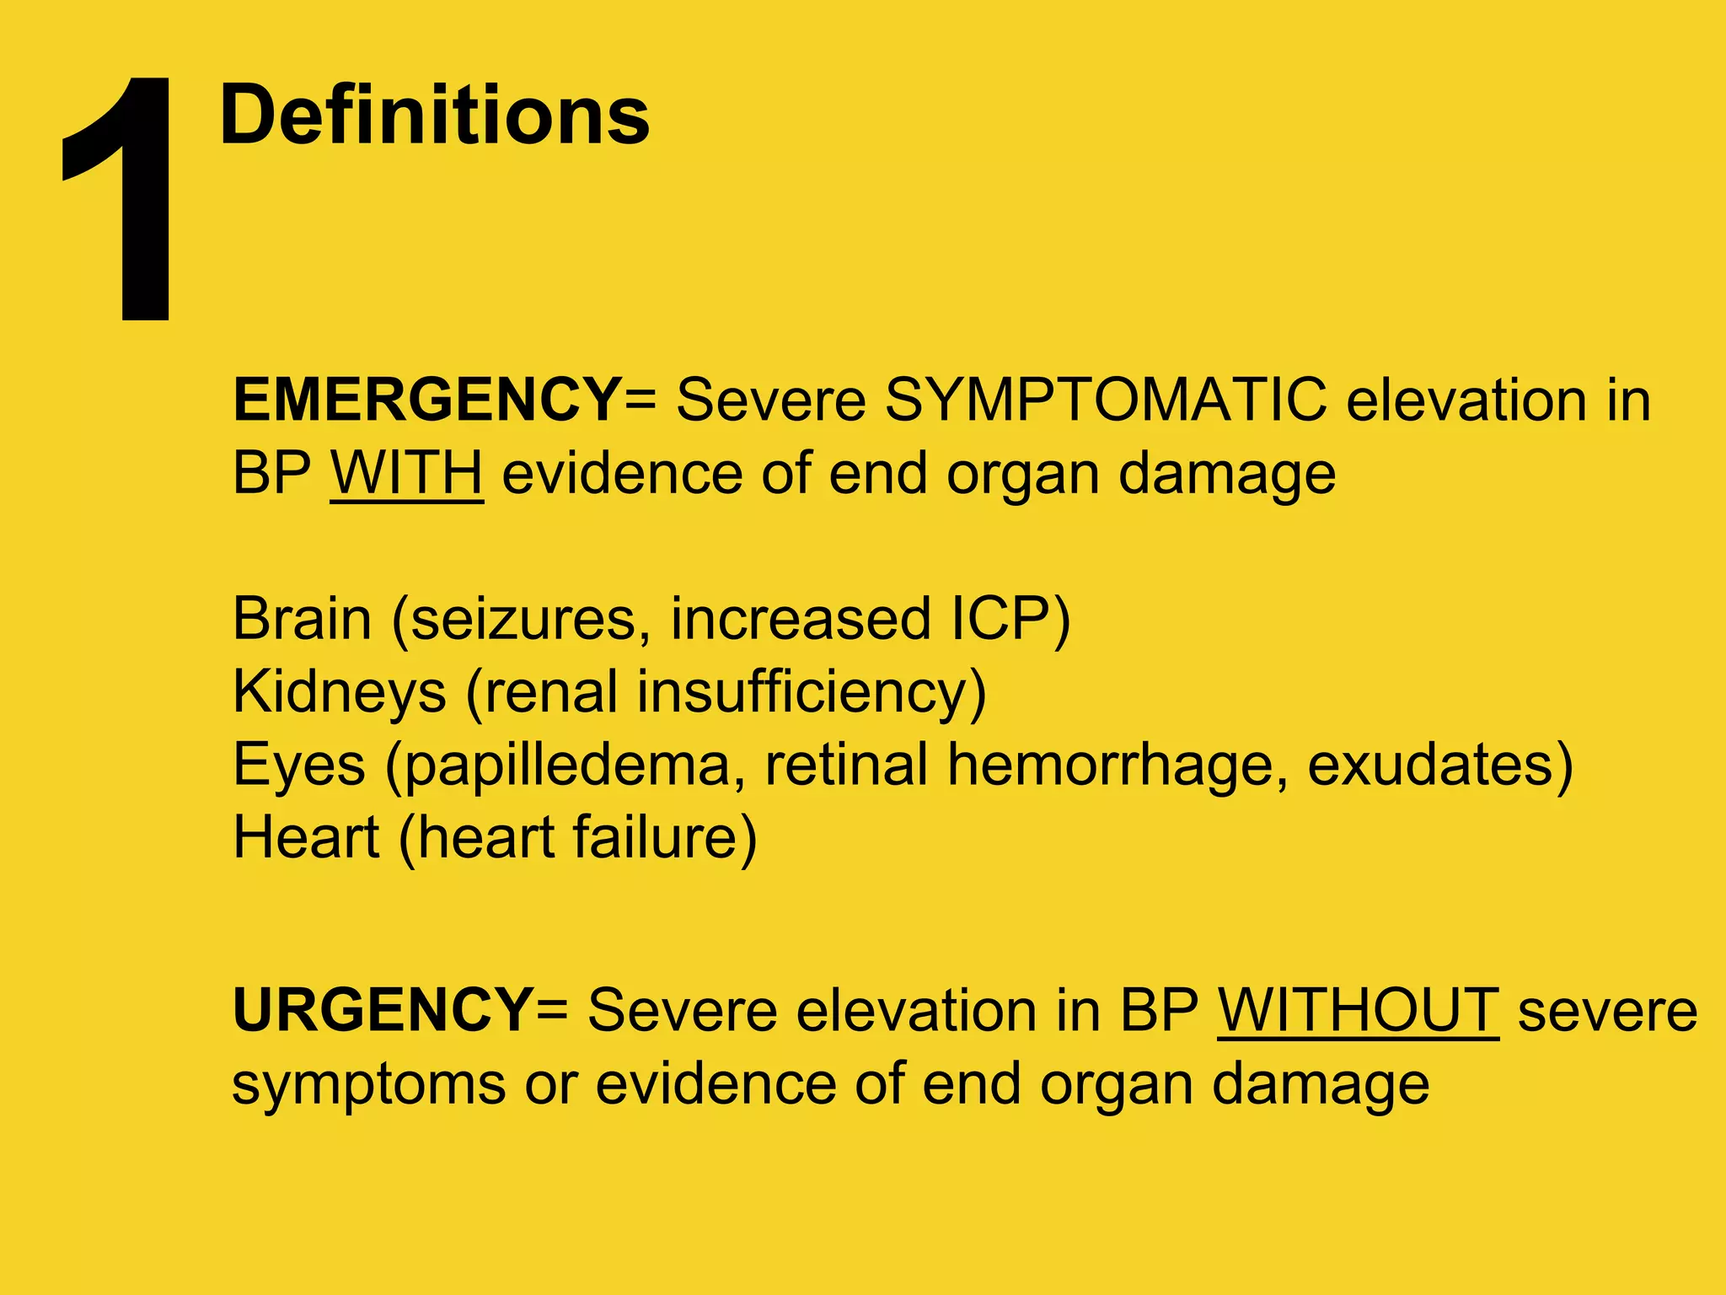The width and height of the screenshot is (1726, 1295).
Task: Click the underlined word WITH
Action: pyautogui.click(x=406, y=473)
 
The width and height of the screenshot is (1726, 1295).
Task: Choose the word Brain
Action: pyautogui.click(x=302, y=619)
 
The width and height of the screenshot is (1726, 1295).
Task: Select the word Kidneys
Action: pyautogui.click(x=339, y=693)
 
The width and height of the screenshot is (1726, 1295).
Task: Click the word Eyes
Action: pyautogui.click(x=299, y=766)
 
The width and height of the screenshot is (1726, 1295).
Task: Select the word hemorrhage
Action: pyautogui.click(x=1116, y=766)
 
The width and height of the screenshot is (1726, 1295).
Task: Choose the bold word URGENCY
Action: pyautogui.click(x=382, y=1010)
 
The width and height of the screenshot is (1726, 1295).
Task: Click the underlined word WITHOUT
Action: pyautogui.click(x=1358, y=1010)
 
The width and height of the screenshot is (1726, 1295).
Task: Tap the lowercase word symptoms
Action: pyautogui.click(x=368, y=1084)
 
